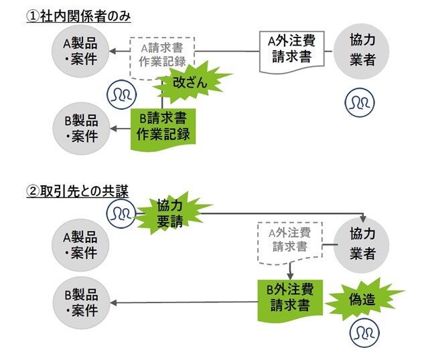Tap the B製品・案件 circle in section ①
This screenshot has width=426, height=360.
coord(80,127)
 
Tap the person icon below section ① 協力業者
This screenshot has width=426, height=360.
coord(359,102)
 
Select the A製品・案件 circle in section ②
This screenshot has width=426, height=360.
coord(80,245)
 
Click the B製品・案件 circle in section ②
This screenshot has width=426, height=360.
coord(80,302)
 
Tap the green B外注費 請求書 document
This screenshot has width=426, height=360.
coord(290,298)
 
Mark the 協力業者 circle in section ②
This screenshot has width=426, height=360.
coord(362,244)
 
